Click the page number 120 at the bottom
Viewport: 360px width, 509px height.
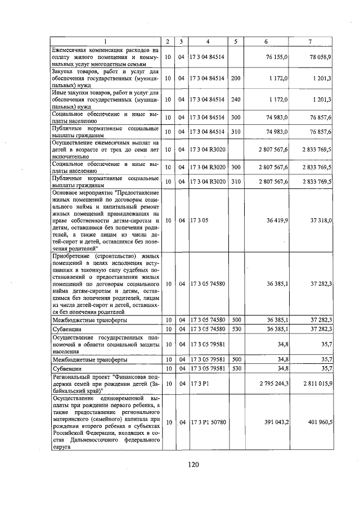193,465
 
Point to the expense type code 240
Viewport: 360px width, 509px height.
236,99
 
